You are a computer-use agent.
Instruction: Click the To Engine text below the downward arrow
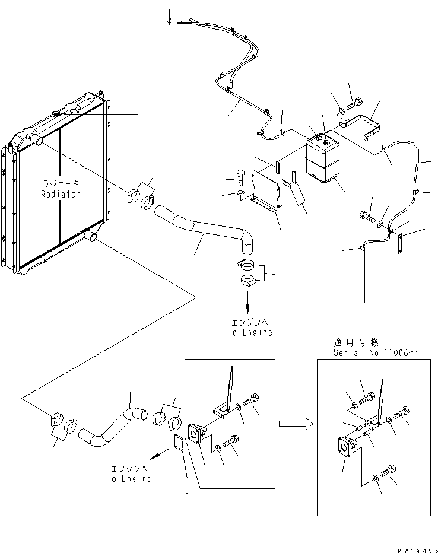[249, 333]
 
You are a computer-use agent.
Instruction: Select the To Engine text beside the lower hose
[129, 478]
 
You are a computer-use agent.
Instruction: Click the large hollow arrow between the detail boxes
[295, 423]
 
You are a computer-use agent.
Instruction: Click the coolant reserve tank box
[322, 158]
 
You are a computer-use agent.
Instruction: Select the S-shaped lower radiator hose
[113, 427]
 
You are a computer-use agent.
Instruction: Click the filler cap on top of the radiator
[57, 112]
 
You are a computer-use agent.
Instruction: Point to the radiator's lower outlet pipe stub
[91, 237]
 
